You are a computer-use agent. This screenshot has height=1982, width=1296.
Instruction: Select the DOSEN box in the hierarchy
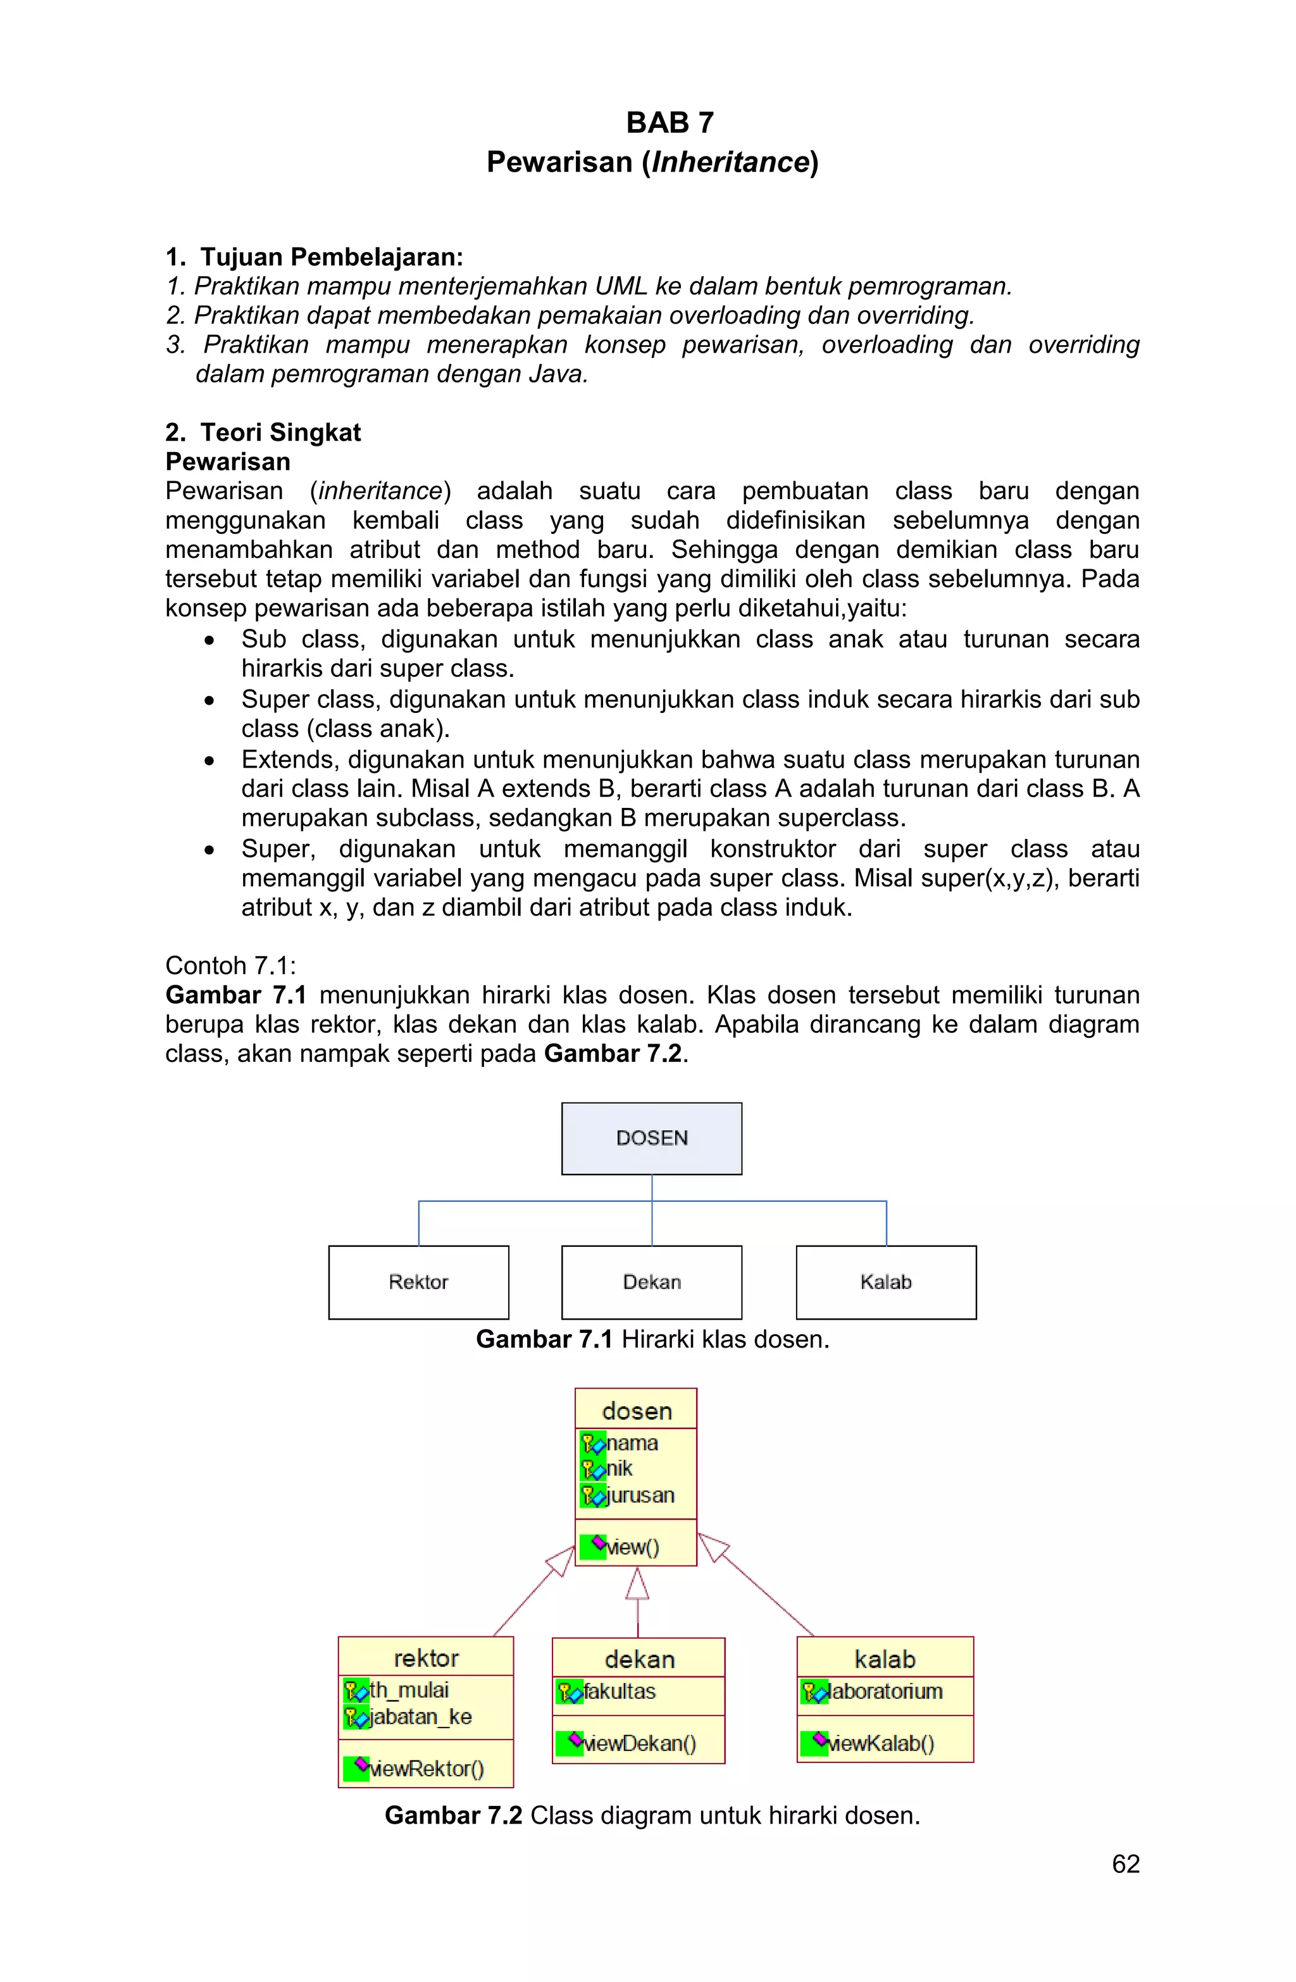[651, 1139]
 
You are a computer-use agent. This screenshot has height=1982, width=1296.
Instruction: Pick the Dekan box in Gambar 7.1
[651, 1282]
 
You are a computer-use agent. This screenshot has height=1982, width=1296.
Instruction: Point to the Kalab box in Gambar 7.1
[886, 1282]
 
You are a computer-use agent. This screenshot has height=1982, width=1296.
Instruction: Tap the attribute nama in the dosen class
[632, 1442]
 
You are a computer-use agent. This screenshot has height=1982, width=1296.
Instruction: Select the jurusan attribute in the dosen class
[639, 1495]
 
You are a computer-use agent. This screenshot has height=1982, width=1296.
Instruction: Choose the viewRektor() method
[426, 1768]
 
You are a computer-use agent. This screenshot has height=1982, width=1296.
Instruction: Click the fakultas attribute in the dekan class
[620, 1691]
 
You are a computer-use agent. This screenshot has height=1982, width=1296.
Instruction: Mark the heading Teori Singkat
[280, 432]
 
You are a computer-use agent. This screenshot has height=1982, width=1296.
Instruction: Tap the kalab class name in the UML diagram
[885, 1659]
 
